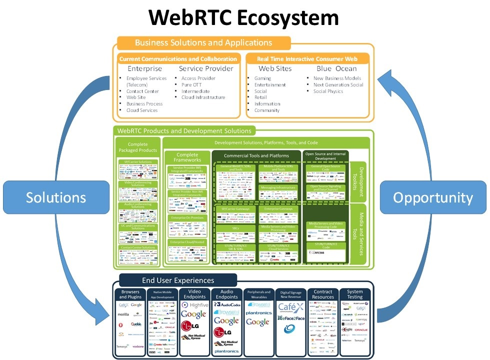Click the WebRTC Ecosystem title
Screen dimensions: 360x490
(x=244, y=17)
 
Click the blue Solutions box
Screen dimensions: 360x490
(x=56, y=197)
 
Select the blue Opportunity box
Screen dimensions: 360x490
(x=432, y=198)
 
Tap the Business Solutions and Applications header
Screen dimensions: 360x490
(x=203, y=42)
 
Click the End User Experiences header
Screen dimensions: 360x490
(x=178, y=280)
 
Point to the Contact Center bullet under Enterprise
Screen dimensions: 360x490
(x=142, y=91)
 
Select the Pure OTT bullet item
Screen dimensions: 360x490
(x=191, y=85)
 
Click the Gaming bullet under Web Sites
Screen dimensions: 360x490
(x=262, y=78)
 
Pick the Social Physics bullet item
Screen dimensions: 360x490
(x=328, y=91)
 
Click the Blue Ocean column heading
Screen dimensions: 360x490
(x=336, y=68)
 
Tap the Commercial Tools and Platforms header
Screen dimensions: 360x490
(x=256, y=156)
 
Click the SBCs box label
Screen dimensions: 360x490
(x=235, y=227)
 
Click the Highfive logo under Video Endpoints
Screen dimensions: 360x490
(x=196, y=304)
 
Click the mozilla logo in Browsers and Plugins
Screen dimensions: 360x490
(x=123, y=315)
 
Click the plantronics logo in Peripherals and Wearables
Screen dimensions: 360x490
(x=258, y=312)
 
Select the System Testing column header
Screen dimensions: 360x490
(x=354, y=294)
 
